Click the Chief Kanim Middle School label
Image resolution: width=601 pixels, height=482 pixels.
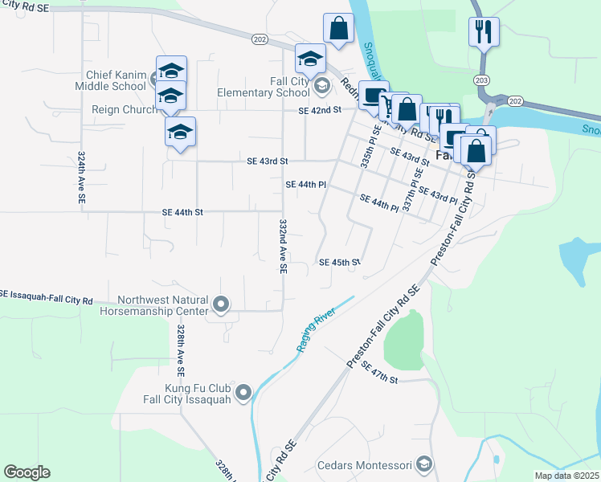[x=115, y=80]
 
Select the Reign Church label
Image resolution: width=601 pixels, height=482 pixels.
[x=125, y=109]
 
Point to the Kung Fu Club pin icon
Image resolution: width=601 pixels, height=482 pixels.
[x=244, y=393]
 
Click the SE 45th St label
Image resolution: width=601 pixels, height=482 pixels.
[x=339, y=262]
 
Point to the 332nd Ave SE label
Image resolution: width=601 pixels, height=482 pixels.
[x=283, y=247]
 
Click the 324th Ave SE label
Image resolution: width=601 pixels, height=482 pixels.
[x=82, y=178]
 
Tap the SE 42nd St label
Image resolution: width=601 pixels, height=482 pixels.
[x=319, y=110]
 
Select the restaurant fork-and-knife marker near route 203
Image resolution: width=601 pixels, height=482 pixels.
[x=484, y=32]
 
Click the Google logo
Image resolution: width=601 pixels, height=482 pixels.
[x=27, y=472]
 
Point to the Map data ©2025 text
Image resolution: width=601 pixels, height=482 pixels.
[x=566, y=476]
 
